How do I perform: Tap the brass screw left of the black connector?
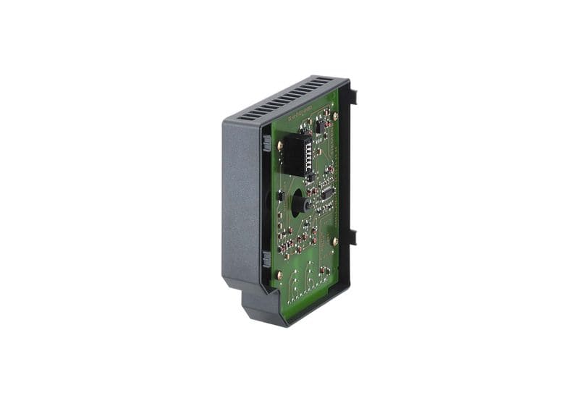click(x=279, y=145)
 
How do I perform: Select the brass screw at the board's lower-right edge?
click(x=335, y=241)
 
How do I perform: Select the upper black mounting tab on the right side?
click(x=353, y=95)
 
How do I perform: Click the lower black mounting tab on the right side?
click(x=352, y=237)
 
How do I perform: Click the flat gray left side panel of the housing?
click(x=240, y=203)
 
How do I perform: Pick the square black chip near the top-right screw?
click(x=319, y=126)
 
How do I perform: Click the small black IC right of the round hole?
click(x=326, y=193)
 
